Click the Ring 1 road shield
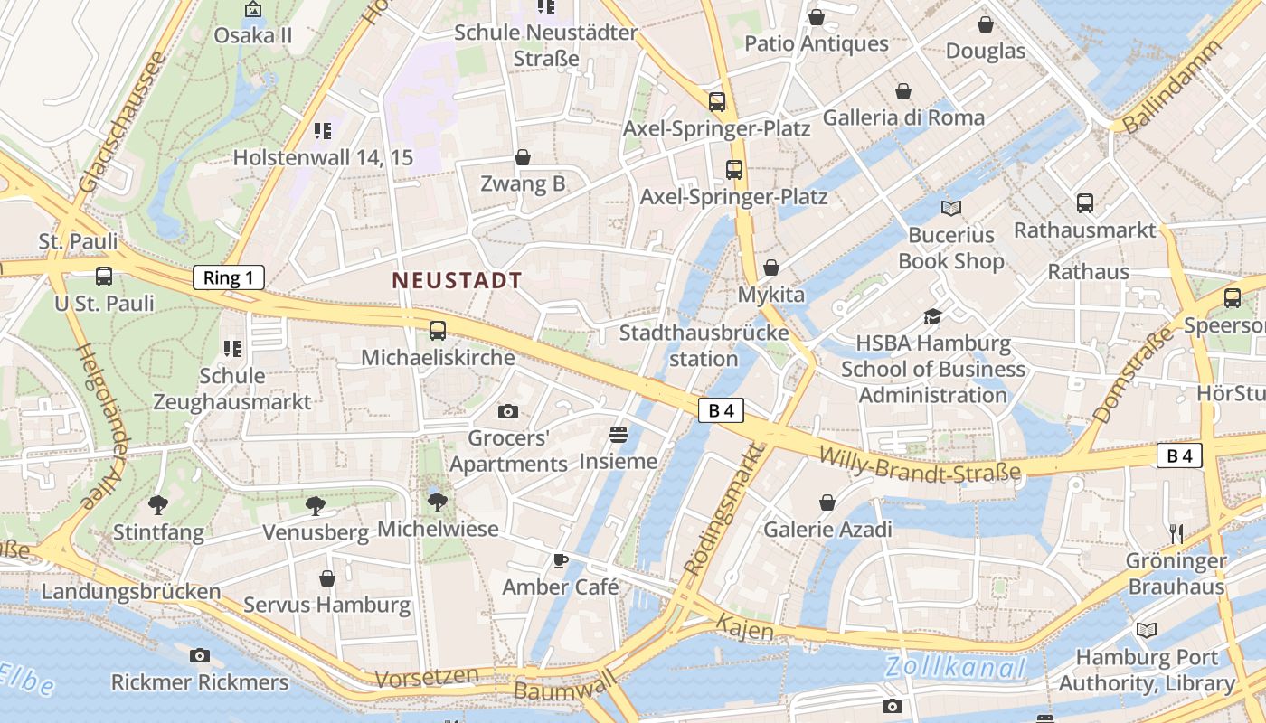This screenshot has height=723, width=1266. point(229,277)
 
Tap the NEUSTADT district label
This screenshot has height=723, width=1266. point(458,280)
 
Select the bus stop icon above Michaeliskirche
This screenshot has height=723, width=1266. point(438,331)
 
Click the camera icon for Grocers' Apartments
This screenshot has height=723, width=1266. point(508,412)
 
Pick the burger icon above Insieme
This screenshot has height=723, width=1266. point(619,435)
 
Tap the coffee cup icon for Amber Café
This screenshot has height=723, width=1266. point(561,560)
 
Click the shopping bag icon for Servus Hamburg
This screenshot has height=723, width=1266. point(327,578)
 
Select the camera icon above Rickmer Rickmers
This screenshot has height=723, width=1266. point(200,656)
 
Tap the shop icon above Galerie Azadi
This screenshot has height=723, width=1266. point(827,502)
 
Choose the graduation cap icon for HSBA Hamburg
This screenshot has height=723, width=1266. point(932,316)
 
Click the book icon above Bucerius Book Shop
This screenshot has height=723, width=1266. point(950,209)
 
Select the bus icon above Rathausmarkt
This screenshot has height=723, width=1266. point(1085,203)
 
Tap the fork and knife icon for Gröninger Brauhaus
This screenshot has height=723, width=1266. point(1176,533)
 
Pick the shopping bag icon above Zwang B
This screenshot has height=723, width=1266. point(523,158)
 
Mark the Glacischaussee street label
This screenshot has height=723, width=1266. point(121,121)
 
